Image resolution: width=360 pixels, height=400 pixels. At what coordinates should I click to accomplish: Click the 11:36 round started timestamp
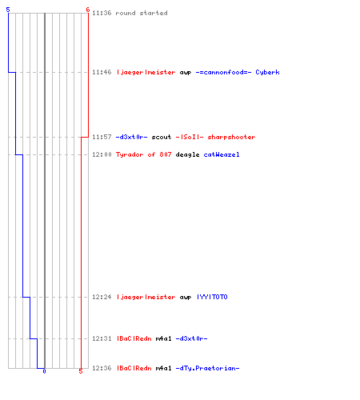coord(102,13)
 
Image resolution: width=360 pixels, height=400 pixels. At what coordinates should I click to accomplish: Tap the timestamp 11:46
coord(102,72)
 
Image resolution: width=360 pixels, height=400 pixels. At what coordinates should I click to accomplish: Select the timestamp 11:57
coord(102,137)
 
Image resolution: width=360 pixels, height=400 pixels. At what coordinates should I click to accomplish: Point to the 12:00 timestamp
coord(102,154)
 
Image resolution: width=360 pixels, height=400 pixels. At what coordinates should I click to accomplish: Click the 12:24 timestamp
coord(102,297)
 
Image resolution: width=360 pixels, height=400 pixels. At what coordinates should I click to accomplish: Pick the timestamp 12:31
coord(102,338)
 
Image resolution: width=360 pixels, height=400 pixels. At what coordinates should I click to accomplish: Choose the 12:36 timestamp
coord(102,368)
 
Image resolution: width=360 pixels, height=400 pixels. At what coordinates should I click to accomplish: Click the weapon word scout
coord(162,137)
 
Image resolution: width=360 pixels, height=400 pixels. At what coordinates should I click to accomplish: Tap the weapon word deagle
coord(187,154)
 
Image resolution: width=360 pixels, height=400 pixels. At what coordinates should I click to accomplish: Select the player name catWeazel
coord(222,154)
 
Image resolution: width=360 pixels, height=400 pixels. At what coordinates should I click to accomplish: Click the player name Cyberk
coord(267,72)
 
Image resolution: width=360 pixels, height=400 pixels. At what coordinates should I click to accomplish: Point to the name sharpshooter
coord(231,137)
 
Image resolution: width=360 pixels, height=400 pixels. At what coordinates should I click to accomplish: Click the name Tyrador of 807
coord(143,154)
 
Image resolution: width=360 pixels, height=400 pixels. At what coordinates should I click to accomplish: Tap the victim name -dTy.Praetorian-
coord(207,368)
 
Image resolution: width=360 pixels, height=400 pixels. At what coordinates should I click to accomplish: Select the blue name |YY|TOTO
coord(212,297)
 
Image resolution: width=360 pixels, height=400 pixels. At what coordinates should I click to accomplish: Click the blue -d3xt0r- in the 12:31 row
coord(191,338)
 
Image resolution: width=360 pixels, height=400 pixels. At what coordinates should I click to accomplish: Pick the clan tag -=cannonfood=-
coord(223,72)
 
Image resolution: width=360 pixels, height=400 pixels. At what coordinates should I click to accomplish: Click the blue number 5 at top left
coord(8,10)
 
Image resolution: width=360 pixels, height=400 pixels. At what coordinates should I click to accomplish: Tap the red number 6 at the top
coord(88,10)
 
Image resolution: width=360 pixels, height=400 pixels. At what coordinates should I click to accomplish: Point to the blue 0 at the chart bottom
coord(44,371)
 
